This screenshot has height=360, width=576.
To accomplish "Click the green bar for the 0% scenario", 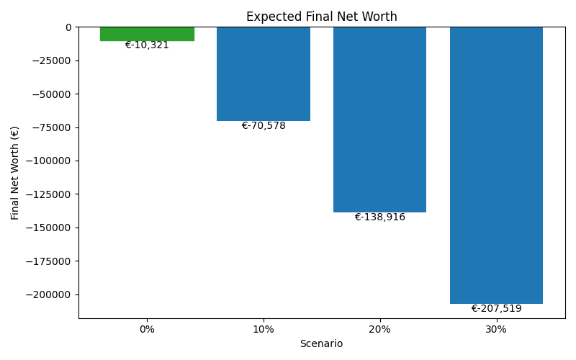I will (147, 33).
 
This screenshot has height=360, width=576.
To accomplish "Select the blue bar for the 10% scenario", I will (264, 73).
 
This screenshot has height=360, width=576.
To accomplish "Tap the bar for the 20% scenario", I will (379, 120).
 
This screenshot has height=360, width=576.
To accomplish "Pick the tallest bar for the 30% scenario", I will (496, 165).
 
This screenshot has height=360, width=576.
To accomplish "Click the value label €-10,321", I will (147, 45).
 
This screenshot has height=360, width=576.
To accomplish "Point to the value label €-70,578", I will (264, 126).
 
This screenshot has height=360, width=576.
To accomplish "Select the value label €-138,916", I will (379, 217).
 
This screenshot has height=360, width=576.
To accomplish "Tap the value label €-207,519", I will (496, 309).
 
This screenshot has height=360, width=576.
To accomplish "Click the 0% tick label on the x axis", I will (147, 329).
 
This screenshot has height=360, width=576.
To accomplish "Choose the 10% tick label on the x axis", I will (264, 329).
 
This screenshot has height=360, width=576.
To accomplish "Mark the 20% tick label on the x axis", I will (379, 329).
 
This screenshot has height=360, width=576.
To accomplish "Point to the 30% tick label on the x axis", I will (496, 329).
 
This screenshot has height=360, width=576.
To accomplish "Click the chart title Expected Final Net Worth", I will (321, 17).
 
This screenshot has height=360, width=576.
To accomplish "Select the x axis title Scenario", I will (321, 344).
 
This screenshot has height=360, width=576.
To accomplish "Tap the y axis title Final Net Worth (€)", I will (15, 173).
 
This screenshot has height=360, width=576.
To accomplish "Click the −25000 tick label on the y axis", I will (49, 60).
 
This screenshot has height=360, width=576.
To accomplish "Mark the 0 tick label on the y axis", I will (68, 27).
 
